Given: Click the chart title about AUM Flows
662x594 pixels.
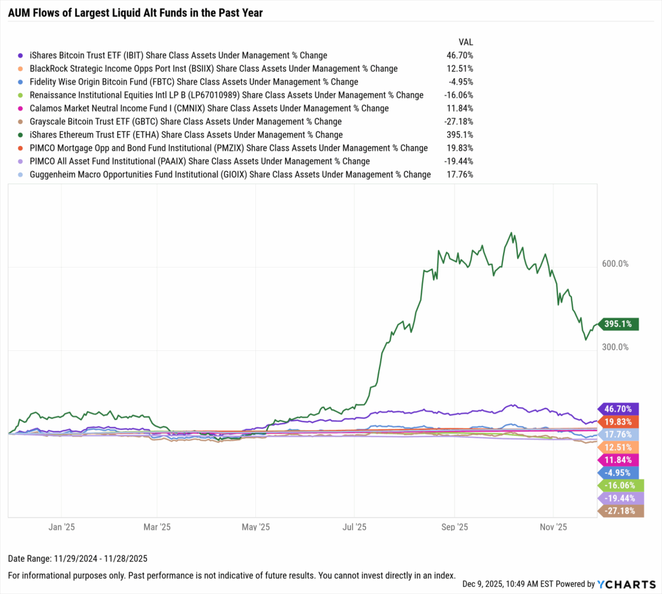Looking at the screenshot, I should [x=135, y=12].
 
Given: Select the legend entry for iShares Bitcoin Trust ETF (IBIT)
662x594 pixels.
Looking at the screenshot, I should [x=178, y=56].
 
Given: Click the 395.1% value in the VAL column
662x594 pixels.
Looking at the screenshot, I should [x=461, y=134].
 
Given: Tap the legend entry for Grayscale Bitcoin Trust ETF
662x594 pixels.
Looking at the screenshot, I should [x=186, y=122].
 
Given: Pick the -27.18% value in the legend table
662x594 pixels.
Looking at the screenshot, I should [x=460, y=122].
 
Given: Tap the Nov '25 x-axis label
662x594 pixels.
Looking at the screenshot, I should [x=553, y=527].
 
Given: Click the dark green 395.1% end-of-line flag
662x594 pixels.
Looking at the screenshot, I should [x=620, y=324].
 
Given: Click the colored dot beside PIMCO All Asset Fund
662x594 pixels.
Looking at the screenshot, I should [x=21, y=162].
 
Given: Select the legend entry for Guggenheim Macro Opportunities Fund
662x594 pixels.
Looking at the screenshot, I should [x=230, y=175].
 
